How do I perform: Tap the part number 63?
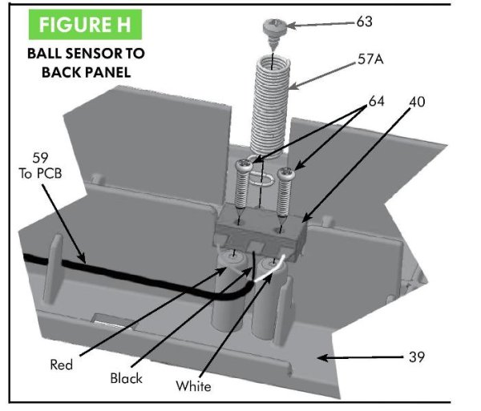tap(365, 22)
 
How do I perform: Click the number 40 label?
tap(416, 103)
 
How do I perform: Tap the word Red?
tap(61, 365)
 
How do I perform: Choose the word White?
tap(193, 387)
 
